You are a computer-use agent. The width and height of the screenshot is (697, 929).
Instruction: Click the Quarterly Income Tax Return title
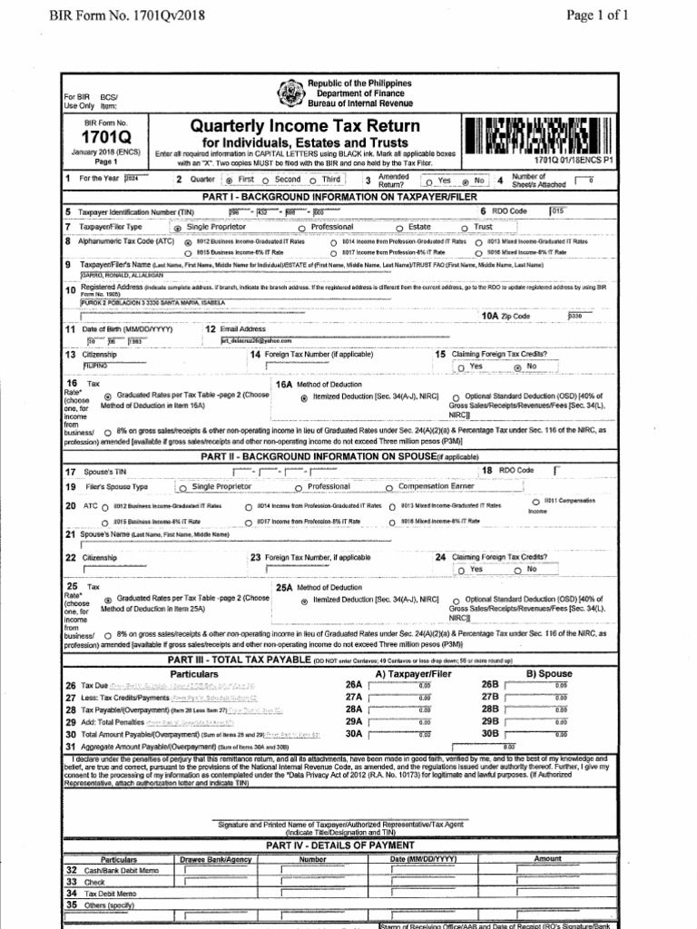tap(305, 126)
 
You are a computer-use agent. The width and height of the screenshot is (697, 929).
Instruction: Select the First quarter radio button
tap(229, 181)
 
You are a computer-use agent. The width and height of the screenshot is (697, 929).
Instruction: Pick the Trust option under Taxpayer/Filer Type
tap(466, 228)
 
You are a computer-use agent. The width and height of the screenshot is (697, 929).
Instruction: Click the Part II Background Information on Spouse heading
tap(348, 455)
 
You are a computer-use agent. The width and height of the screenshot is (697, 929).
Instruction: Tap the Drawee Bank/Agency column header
tap(214, 858)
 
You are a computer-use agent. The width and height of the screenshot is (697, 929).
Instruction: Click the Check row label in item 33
tap(94, 881)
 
